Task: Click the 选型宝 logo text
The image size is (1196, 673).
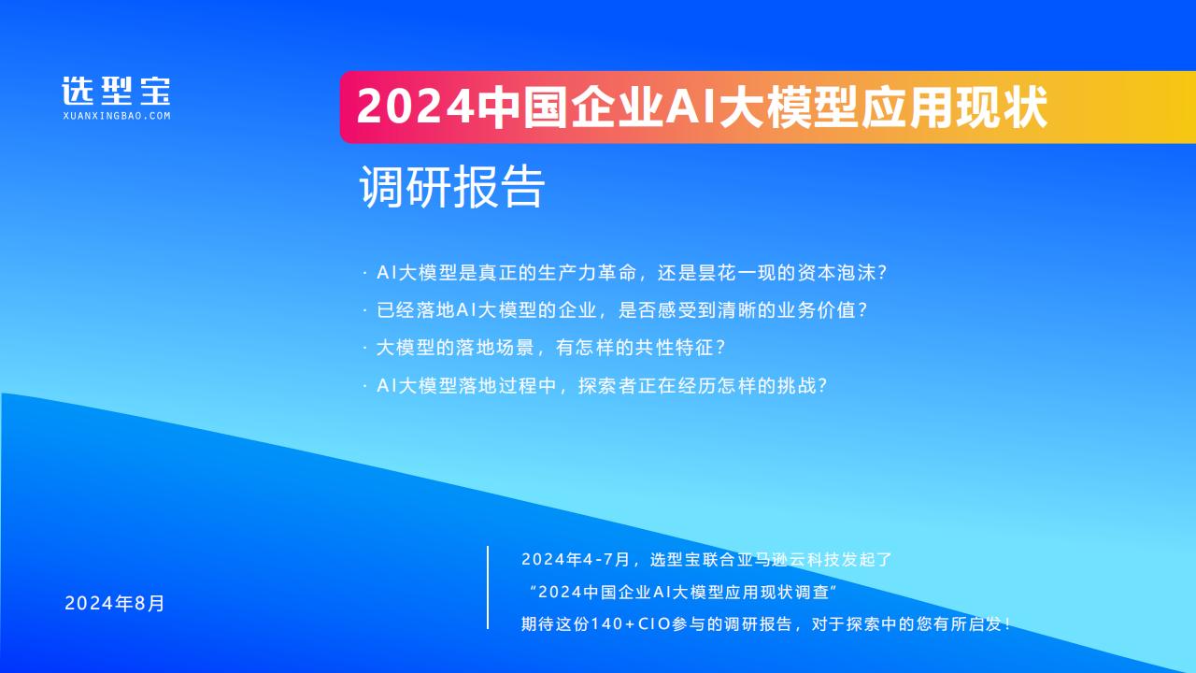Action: coord(117,91)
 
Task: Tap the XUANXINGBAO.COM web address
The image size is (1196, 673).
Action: coord(117,116)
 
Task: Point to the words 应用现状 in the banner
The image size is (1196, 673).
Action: coord(955,107)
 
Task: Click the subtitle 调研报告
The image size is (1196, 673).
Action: coord(451,186)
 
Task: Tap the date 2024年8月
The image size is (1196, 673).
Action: coord(115,603)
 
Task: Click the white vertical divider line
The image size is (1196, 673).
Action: coord(488,588)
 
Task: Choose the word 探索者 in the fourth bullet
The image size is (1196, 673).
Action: coord(607,386)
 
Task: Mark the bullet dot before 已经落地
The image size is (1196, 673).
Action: coord(364,311)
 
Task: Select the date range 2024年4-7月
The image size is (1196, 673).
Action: coord(577,559)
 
